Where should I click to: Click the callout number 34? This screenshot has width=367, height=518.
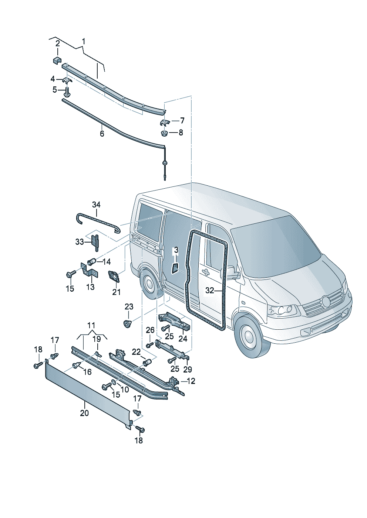click(x=96, y=205)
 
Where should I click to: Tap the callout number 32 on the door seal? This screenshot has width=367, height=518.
click(x=210, y=291)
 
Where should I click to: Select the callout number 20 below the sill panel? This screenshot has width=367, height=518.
click(x=84, y=413)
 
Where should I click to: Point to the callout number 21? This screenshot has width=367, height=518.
click(x=117, y=292)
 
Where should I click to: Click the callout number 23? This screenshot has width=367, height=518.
click(x=129, y=306)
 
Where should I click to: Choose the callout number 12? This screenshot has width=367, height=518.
click(x=191, y=381)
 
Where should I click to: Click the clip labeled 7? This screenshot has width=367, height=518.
click(x=165, y=121)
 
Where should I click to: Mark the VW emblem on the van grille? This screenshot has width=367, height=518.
click(x=326, y=302)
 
